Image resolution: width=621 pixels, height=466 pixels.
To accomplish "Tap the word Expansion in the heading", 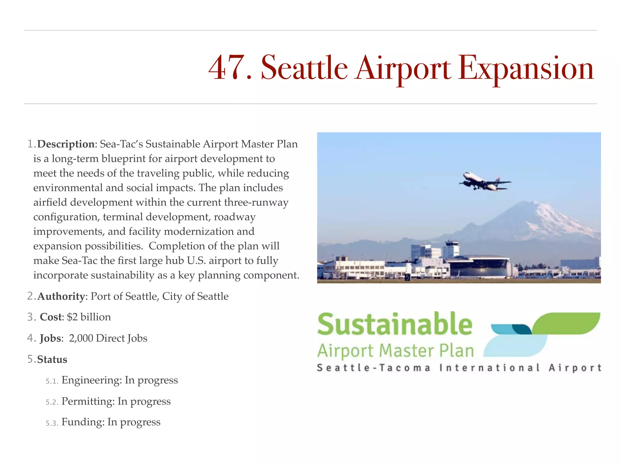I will [525, 68].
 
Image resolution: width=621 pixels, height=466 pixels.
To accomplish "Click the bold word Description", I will [66, 144].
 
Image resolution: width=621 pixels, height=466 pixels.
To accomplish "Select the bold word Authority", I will [61, 296].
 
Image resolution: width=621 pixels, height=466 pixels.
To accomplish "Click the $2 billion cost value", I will [89, 317].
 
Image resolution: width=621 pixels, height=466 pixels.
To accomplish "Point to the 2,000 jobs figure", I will [81, 338].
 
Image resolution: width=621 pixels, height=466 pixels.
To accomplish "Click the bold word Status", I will [52, 360].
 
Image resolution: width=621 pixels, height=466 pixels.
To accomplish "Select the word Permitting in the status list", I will [88, 401].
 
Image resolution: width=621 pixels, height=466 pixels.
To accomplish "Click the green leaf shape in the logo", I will [567, 323].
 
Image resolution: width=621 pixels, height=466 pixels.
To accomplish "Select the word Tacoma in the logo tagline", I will [405, 368].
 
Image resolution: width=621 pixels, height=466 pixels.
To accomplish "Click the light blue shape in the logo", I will [515, 346].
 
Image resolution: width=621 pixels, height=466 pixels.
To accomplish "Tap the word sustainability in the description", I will [123, 275].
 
